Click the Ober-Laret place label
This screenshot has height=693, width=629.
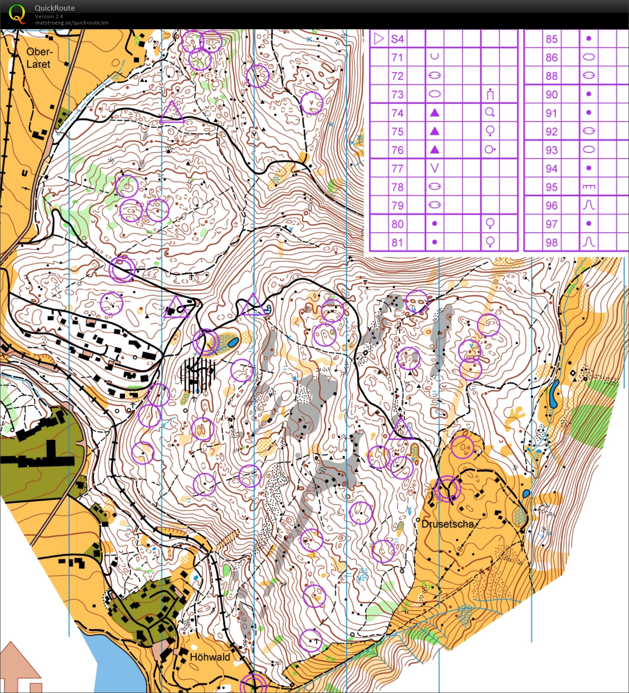click(39, 58)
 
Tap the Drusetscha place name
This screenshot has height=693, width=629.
click(448, 524)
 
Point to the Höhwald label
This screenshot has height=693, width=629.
click(210, 657)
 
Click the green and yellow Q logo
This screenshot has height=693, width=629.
click(17, 13)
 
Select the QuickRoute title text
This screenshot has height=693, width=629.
click(55, 8)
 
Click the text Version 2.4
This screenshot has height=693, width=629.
click(49, 16)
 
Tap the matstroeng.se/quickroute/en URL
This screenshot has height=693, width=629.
click(72, 23)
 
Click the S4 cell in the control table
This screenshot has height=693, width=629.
click(397, 39)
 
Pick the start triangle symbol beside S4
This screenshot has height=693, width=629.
click(379, 39)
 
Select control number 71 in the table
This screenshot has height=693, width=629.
click(397, 57)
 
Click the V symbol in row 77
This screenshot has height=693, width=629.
click(435, 168)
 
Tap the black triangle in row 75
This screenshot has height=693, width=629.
click(435, 131)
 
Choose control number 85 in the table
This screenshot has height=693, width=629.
click(552, 39)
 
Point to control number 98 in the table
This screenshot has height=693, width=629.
click(552, 243)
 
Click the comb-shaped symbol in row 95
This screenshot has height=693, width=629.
click(589, 187)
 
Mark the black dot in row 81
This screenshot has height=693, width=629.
click(435, 242)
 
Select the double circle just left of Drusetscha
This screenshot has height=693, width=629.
click(447, 488)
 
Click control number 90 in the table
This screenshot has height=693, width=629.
click(552, 94)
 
